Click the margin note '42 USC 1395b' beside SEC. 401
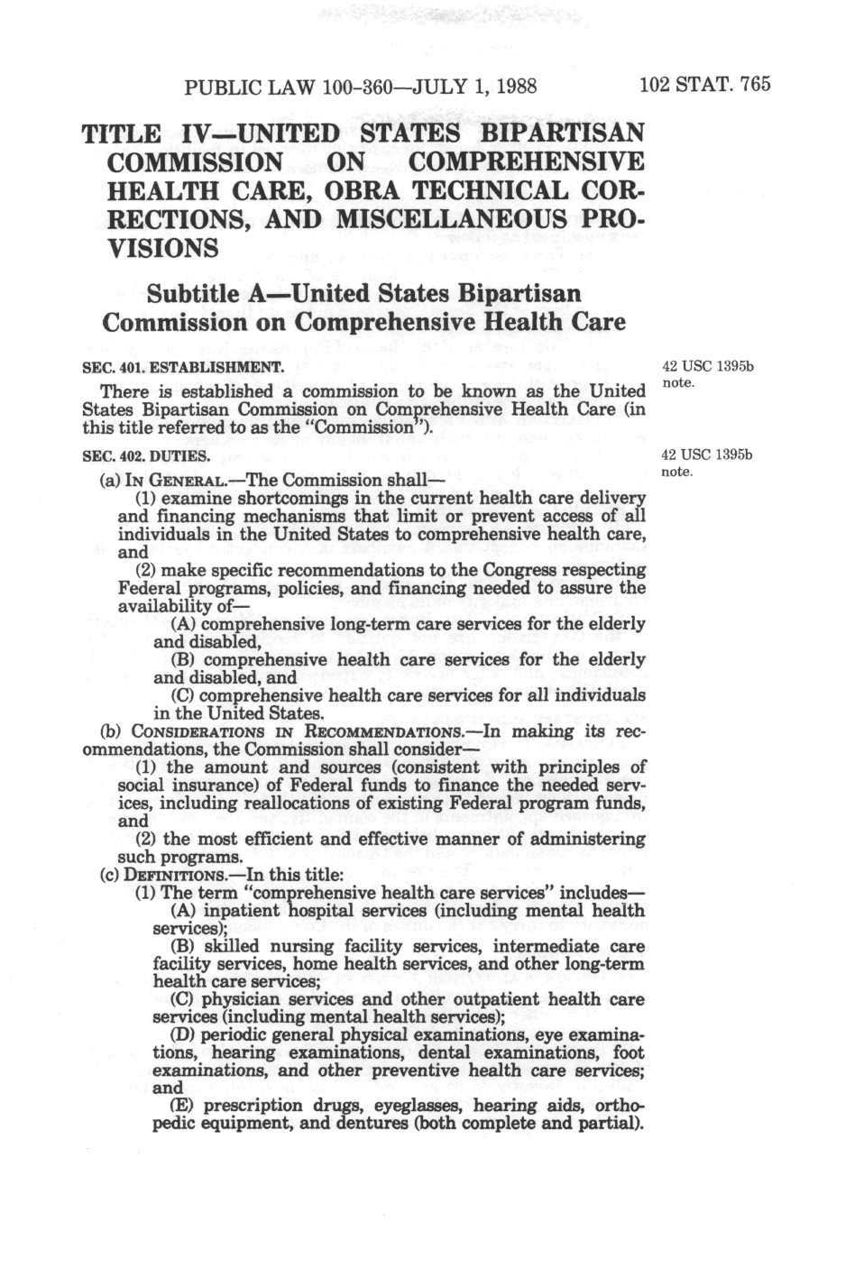707,367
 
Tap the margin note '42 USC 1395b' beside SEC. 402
707,455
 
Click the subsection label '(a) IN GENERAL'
157,481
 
